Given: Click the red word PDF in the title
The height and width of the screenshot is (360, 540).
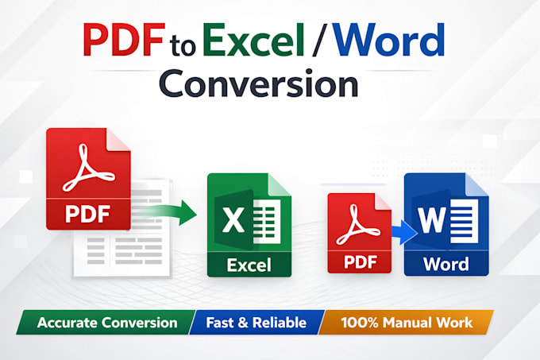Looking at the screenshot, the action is (124, 40).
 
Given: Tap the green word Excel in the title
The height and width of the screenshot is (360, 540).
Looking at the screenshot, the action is (254, 40).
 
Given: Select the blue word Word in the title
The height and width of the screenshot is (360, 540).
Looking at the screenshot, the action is (389, 40).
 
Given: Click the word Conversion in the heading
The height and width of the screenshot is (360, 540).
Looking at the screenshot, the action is (259, 83).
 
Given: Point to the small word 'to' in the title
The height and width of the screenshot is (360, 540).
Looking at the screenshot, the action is (183, 47).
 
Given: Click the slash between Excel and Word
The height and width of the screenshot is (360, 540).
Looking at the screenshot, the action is (318, 40).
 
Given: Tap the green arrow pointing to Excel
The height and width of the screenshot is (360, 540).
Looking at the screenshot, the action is (172, 212).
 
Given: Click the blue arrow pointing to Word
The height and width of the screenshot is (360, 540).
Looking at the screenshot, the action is (404, 232).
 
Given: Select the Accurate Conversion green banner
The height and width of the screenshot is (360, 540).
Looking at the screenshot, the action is (106, 323).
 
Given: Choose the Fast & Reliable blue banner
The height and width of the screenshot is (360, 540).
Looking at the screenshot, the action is (256, 323).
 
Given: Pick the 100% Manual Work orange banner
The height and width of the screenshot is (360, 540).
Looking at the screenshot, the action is (407, 323).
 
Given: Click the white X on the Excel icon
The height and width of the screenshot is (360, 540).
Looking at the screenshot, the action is (233, 220).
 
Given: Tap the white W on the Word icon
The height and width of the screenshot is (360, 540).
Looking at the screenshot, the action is (432, 220).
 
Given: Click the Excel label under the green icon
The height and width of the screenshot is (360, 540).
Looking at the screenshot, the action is (249, 265).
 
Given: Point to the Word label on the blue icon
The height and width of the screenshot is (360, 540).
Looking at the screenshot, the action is (446, 264).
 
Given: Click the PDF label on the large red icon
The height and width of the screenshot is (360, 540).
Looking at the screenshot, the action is (88, 214).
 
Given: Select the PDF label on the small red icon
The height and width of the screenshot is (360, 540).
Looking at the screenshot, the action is (360, 262).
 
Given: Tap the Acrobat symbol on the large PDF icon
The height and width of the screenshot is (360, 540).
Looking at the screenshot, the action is (87, 168).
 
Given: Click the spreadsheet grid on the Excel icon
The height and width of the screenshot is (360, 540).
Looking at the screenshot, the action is (267, 221).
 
